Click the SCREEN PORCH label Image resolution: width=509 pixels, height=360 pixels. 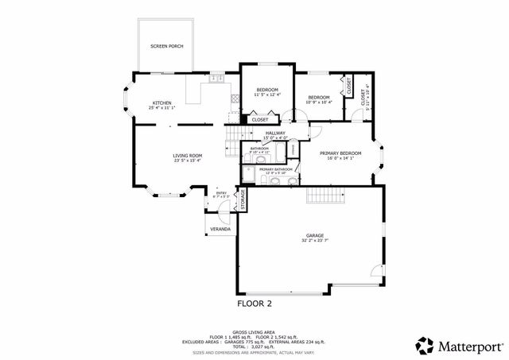tap(167, 46)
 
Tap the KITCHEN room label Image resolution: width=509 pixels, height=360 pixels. tap(162, 103)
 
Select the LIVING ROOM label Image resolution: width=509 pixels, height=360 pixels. tap(188, 155)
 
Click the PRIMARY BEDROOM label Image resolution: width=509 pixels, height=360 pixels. tap(340, 153)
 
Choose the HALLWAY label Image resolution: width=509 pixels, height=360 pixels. tap(275, 134)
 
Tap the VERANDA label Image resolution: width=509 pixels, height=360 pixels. tap(220, 229)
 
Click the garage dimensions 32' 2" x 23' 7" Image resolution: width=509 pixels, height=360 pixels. tap(315, 242)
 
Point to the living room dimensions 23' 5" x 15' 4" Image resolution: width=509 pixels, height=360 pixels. tap(188, 161)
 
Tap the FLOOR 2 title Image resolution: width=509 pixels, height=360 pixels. tap(254, 303)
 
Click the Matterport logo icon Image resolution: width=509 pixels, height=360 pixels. tap(425, 345)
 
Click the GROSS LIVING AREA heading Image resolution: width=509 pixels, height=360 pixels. tap(254, 332)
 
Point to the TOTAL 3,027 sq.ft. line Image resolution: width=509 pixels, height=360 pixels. tap(254, 346)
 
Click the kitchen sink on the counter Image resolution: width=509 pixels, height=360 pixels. tap(215, 78)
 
